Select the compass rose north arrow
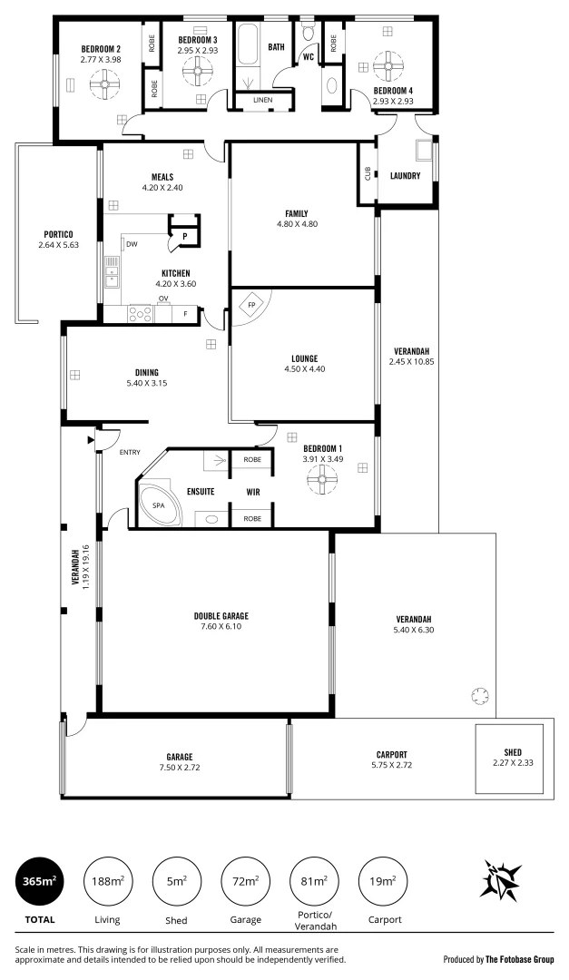point(500,879)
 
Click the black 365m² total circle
point(39,882)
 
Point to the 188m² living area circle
point(108,882)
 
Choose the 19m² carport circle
point(383,882)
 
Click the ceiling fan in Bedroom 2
point(104,83)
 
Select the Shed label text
point(513,752)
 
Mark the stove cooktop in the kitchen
point(140,313)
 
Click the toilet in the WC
point(308,33)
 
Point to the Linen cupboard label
point(262,100)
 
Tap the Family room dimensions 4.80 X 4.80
point(297,224)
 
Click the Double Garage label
point(221,616)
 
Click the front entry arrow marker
point(91,441)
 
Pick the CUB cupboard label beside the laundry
point(367,173)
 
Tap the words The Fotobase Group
point(520,959)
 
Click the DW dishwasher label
point(132,244)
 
